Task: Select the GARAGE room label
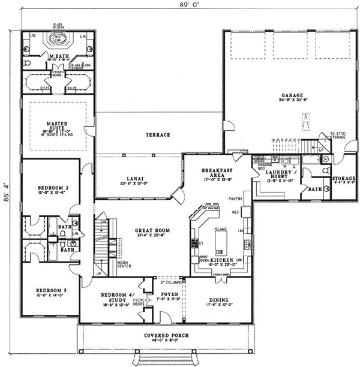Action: (293, 95)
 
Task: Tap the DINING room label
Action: (221, 301)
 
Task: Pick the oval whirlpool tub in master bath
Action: (58, 38)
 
